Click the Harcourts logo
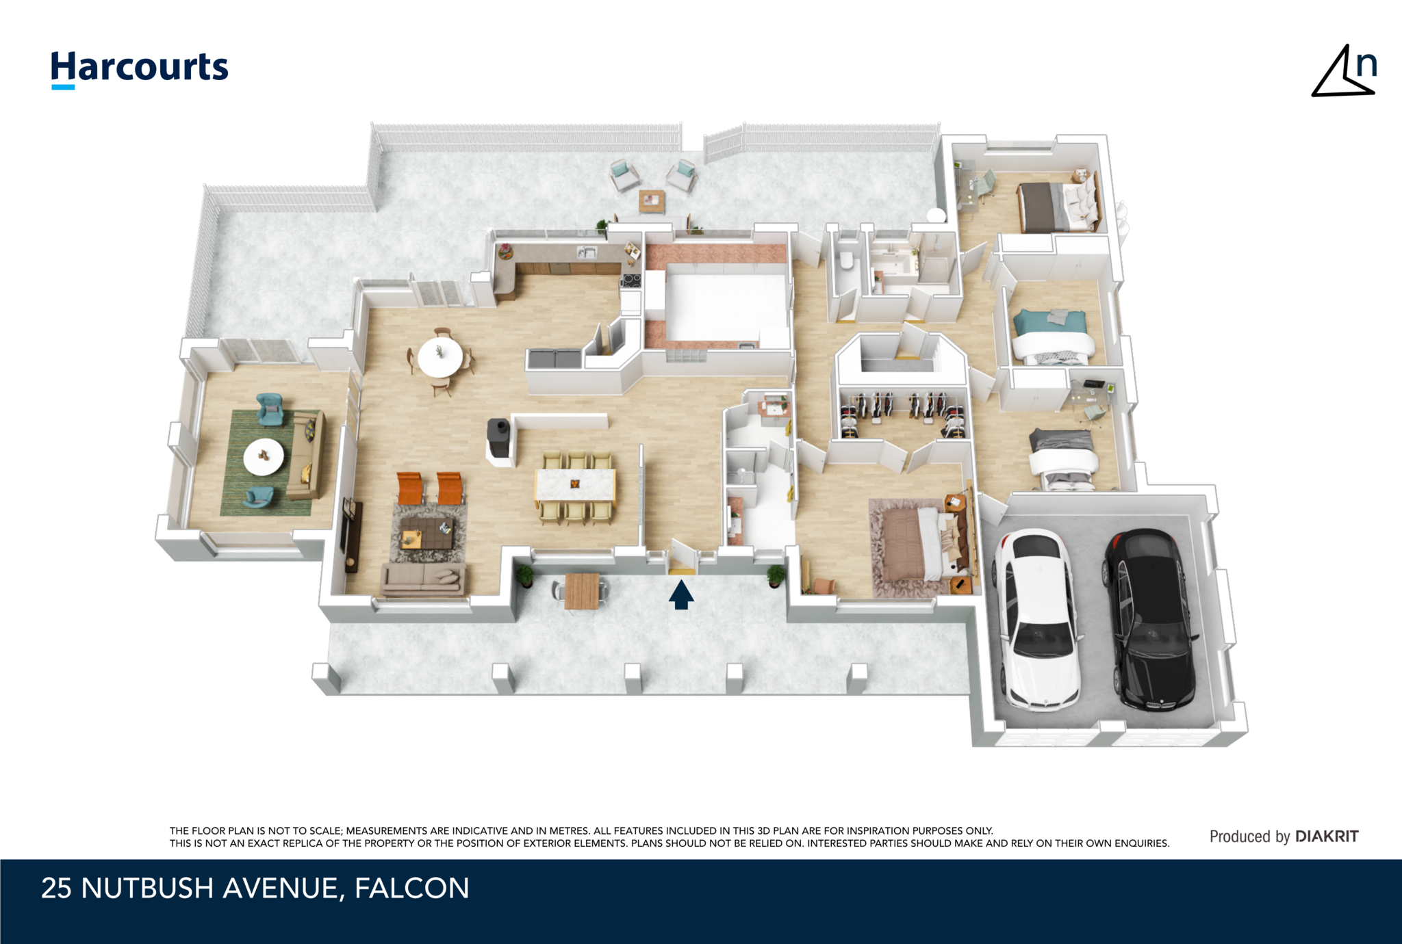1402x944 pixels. click(140, 70)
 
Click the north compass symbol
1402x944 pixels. click(1343, 71)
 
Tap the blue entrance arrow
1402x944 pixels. click(681, 594)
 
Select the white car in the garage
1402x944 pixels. click(1037, 618)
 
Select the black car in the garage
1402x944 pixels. click(1150, 618)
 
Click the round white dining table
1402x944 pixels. click(440, 357)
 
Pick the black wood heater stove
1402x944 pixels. click(498, 438)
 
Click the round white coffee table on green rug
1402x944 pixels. click(264, 457)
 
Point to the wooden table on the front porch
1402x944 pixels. click(582, 591)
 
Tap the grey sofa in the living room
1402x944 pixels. click(423, 579)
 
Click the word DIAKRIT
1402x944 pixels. click(1327, 836)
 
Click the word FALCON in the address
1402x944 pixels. click(412, 888)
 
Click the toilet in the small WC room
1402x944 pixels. click(846, 261)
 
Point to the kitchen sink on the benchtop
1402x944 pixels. click(586, 252)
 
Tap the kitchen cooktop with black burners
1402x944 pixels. click(630, 280)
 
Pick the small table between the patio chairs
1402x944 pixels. click(652, 201)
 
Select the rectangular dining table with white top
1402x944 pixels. click(575, 485)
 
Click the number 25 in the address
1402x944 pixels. click(56, 888)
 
